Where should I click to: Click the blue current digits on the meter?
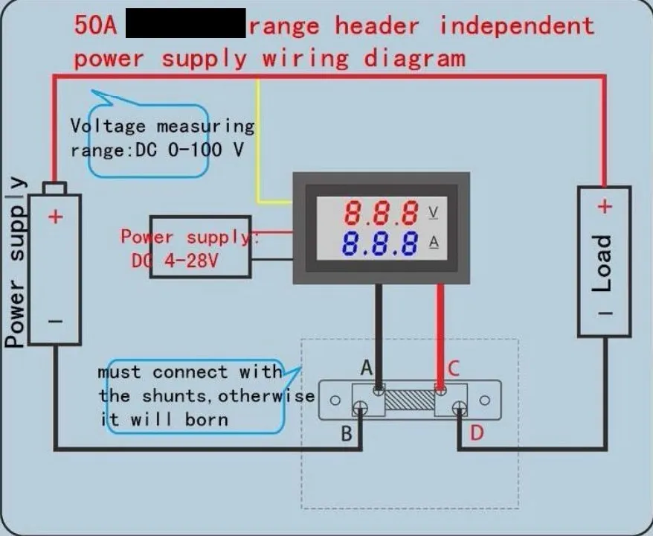click(380, 243)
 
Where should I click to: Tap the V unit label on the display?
click(434, 214)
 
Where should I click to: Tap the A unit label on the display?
click(434, 242)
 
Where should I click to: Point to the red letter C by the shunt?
click(453, 367)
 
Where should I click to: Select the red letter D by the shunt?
click(476, 432)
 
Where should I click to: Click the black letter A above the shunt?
click(366, 367)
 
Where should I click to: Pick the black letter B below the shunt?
click(347, 433)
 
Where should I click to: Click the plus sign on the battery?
click(56, 217)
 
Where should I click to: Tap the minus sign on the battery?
click(56, 322)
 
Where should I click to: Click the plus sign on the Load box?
click(605, 207)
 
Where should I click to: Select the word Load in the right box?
click(602, 264)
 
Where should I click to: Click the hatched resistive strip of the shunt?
click(409, 398)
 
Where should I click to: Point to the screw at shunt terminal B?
click(361, 407)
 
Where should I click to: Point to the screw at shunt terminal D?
click(460, 407)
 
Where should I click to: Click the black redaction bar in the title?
click(186, 24)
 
